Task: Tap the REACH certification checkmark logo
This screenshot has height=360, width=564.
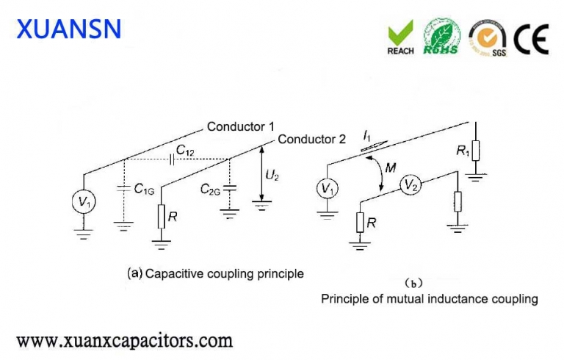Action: (400, 37)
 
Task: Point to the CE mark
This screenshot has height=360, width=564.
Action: (530, 37)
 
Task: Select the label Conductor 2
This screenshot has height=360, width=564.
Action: (311, 139)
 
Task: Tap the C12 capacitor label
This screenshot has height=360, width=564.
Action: (185, 151)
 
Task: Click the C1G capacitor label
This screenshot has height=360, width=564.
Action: (144, 190)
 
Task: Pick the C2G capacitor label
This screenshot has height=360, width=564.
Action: (211, 189)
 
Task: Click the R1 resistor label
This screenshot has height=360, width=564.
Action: (463, 152)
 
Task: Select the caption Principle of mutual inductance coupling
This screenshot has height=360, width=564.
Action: (429, 299)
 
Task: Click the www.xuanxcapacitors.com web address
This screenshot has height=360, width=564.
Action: (124, 341)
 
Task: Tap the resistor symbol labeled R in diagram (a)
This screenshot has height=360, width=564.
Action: (161, 216)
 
